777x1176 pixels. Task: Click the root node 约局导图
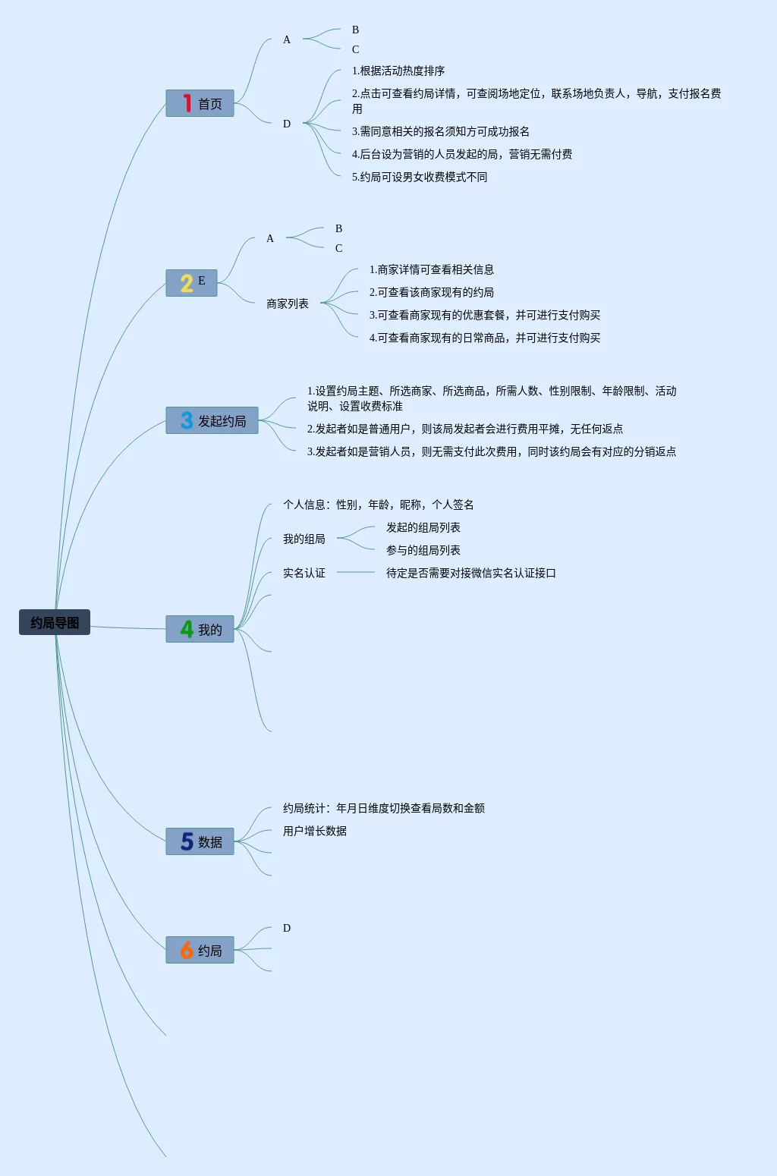pyautogui.click(x=55, y=622)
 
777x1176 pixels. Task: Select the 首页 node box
pyautogui.click(x=200, y=103)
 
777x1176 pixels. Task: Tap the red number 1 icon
pyautogui.click(x=187, y=103)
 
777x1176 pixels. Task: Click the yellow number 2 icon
pyautogui.click(x=187, y=283)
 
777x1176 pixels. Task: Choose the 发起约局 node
pyautogui.click(x=212, y=420)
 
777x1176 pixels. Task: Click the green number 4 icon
pyautogui.click(x=187, y=629)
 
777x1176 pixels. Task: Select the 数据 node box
pyautogui.click(x=200, y=841)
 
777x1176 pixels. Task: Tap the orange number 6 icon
pyautogui.click(x=187, y=950)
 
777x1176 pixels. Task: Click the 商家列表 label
pyautogui.click(x=288, y=303)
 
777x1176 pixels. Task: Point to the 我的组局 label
pyautogui.click(x=304, y=539)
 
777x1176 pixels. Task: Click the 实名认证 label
pyautogui.click(x=304, y=573)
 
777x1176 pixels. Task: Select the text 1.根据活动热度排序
pyautogui.click(x=398, y=71)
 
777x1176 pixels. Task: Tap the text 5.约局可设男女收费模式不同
pyautogui.click(x=420, y=177)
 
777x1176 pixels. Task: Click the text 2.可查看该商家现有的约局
pyautogui.click(x=432, y=292)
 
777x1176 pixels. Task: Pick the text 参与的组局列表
pyautogui.click(x=423, y=550)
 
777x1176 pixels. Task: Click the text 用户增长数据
pyautogui.click(x=315, y=831)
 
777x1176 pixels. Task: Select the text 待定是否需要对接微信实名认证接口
pyautogui.click(x=471, y=573)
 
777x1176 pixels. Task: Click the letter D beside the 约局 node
pyautogui.click(x=287, y=928)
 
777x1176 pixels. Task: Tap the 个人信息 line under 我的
pyautogui.click(x=379, y=505)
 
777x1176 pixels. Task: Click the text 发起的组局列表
pyautogui.click(x=423, y=527)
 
